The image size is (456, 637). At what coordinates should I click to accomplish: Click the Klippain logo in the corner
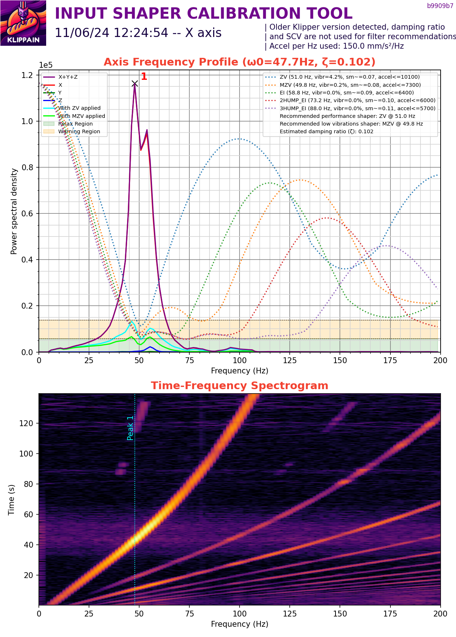[23, 23]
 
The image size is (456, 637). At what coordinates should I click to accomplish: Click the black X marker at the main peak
[135, 84]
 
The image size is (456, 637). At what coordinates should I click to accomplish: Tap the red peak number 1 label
[144, 77]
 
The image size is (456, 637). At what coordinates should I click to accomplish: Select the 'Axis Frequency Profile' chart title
[240, 62]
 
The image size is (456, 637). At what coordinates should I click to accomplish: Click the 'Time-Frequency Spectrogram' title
[240, 385]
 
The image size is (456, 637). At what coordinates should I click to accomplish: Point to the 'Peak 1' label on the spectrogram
[130, 428]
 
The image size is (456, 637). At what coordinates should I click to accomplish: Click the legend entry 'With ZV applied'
[79, 108]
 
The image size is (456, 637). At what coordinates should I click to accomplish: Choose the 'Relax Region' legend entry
[75, 124]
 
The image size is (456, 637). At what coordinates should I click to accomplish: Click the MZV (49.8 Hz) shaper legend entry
[350, 85]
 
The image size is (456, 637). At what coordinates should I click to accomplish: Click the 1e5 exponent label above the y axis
[46, 65]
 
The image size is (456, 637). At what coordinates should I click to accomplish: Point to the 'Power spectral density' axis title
[14, 211]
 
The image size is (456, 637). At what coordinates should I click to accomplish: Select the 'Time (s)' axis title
[11, 499]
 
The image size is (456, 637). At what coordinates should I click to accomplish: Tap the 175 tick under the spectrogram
[390, 614]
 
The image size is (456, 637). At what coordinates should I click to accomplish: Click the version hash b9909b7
[440, 6]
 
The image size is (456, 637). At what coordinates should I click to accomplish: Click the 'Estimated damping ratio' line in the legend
[326, 131]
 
